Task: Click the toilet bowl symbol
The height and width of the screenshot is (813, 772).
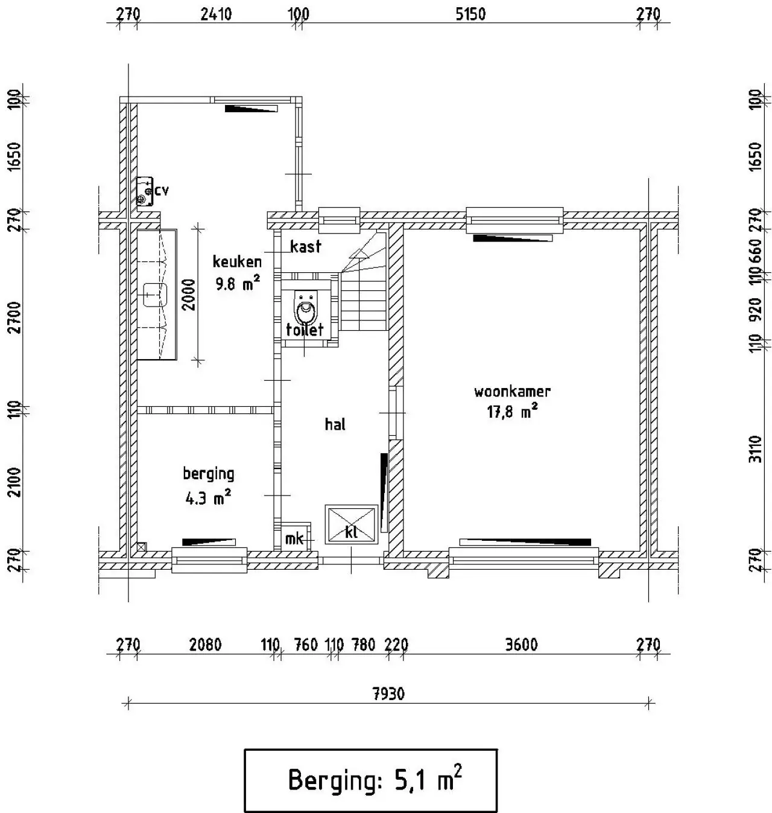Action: coord(306,308)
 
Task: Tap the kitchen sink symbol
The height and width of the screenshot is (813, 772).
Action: coord(155,295)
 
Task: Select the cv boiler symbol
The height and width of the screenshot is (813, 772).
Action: coord(145,191)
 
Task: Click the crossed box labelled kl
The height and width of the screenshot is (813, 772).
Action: coord(351,523)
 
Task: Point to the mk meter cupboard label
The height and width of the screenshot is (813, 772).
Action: coord(294,538)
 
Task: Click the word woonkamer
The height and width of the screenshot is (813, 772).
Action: coord(511,391)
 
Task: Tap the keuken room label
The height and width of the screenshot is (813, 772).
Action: coord(237,261)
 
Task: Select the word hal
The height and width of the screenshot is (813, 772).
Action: coord(335,424)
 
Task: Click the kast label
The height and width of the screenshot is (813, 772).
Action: coord(305,246)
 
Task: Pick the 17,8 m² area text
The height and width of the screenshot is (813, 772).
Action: coord(511,411)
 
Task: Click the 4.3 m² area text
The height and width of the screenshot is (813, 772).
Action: coord(208,498)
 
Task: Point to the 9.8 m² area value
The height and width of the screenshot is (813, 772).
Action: coord(238,283)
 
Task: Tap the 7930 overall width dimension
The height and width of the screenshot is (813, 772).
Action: coord(388,693)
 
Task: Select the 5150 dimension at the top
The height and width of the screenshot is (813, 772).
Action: coord(470,14)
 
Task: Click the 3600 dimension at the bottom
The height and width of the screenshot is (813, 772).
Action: coord(521,644)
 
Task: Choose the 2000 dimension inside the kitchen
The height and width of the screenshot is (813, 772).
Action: coord(188,295)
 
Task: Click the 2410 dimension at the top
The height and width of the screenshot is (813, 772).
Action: coord(216,14)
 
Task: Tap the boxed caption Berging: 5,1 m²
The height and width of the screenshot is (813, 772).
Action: coord(370,780)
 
